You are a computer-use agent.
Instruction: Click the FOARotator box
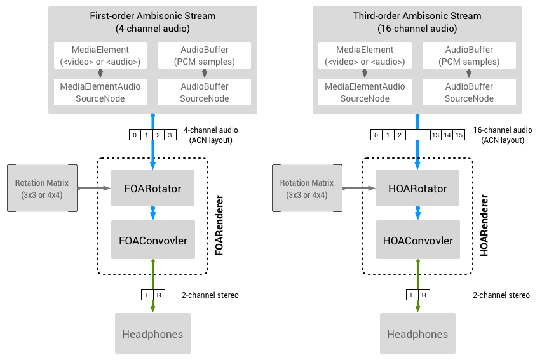pyautogui.click(x=152, y=188)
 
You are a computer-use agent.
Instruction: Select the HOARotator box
pyautogui.click(x=417, y=188)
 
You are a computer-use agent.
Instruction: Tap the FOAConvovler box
pyautogui.click(x=152, y=240)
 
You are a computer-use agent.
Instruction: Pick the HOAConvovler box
pyautogui.click(x=418, y=240)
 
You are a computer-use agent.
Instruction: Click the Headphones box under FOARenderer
pyautogui.click(x=152, y=333)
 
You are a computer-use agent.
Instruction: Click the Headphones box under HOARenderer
pyautogui.click(x=417, y=333)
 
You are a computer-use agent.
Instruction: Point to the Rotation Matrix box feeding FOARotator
pyautogui.click(x=42, y=189)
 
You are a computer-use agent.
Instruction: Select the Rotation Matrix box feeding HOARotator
pyautogui.click(x=308, y=189)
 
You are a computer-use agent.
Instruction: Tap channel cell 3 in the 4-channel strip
pyautogui.click(x=170, y=135)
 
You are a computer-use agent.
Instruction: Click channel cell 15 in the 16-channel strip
pyautogui.click(x=459, y=135)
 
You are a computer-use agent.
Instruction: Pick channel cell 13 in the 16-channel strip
pyautogui.click(x=435, y=135)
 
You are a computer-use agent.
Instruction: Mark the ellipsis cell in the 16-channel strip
pyautogui.click(x=418, y=135)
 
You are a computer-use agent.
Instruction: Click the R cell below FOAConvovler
pyautogui.click(x=159, y=295)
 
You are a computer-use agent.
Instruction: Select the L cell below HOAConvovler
pyautogui.click(x=412, y=295)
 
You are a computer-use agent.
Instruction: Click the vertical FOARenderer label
pyautogui.click(x=219, y=225)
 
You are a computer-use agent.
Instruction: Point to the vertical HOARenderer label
pyautogui.click(x=484, y=225)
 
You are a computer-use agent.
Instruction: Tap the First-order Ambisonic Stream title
pyautogui.click(x=152, y=16)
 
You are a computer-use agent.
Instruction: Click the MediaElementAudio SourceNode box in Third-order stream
pyautogui.click(x=365, y=92)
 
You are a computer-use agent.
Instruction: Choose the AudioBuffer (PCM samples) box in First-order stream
pyautogui.click(x=205, y=55)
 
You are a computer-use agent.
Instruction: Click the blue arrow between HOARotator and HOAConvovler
pyautogui.click(x=417, y=213)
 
